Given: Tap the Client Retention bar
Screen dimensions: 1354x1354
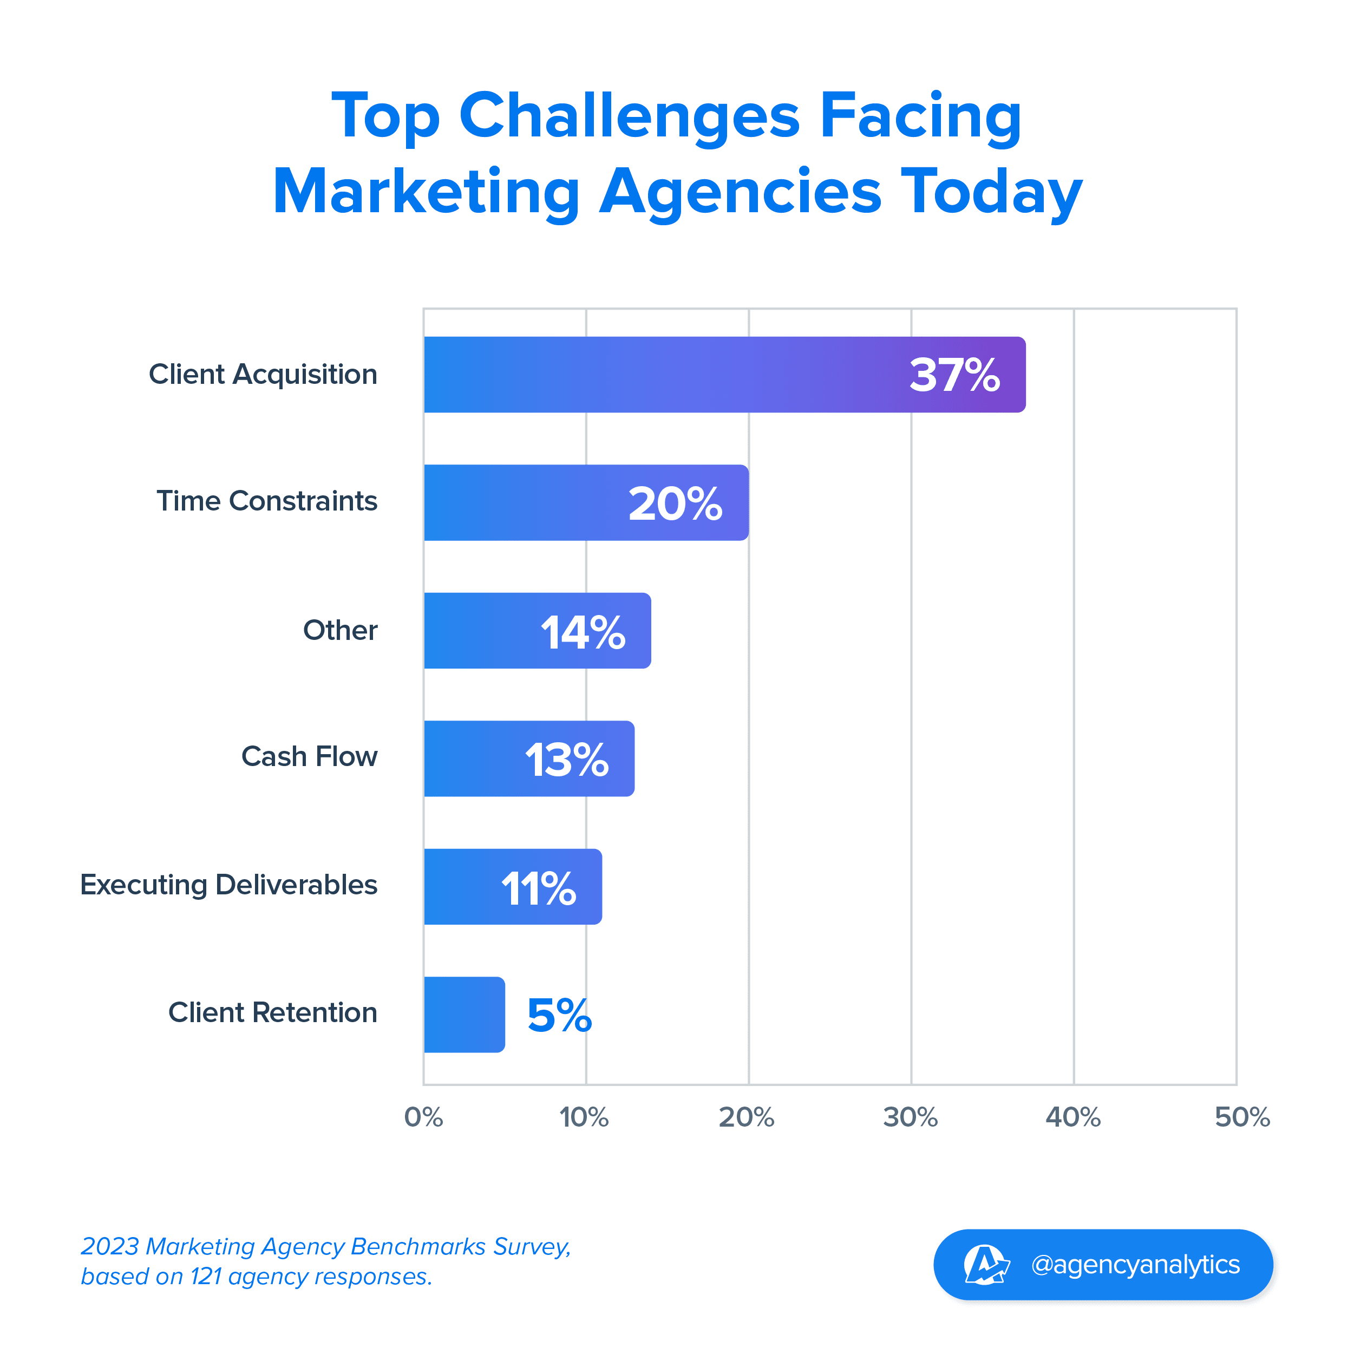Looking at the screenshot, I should [x=464, y=1014].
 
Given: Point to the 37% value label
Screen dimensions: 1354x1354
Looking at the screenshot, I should [x=954, y=375].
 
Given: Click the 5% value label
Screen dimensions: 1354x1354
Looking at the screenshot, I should [x=559, y=1016].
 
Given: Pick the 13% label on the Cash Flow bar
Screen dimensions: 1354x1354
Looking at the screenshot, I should [x=566, y=760].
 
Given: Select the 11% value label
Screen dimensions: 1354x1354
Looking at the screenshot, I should [x=538, y=888].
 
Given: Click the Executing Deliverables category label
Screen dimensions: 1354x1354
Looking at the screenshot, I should [x=228, y=885].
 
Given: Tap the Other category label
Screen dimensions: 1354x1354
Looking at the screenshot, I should [x=340, y=630].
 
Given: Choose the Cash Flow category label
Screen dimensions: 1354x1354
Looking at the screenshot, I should [x=309, y=757].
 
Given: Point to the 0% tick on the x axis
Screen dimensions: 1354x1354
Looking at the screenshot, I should [x=423, y=1117].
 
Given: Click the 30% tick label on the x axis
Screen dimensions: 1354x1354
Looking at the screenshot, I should [x=911, y=1117].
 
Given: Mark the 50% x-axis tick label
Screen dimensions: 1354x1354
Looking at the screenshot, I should [x=1242, y=1117].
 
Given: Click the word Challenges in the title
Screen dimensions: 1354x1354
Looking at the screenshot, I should [x=629, y=116].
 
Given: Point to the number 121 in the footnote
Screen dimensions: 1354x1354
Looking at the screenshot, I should [x=206, y=1277].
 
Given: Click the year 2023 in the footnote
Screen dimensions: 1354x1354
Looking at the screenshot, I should [x=110, y=1247].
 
